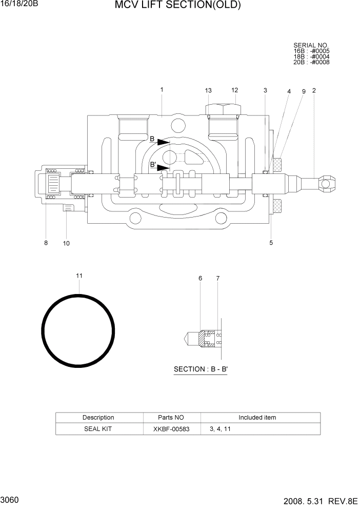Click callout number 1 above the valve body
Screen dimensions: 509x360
click(162, 90)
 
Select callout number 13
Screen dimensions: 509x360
click(208, 91)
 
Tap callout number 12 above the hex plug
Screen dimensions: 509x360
click(235, 90)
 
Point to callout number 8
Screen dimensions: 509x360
click(46, 243)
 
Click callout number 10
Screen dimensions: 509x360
click(66, 243)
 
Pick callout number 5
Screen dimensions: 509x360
click(271, 243)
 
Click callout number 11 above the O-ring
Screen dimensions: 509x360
click(79, 276)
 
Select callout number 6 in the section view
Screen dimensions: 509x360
click(201, 278)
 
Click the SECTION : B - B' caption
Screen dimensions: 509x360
click(200, 369)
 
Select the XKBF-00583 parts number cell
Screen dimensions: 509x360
click(171, 429)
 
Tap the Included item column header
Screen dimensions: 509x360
click(257, 418)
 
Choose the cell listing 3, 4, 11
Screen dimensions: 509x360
click(220, 429)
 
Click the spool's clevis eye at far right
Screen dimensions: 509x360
click(326, 181)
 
